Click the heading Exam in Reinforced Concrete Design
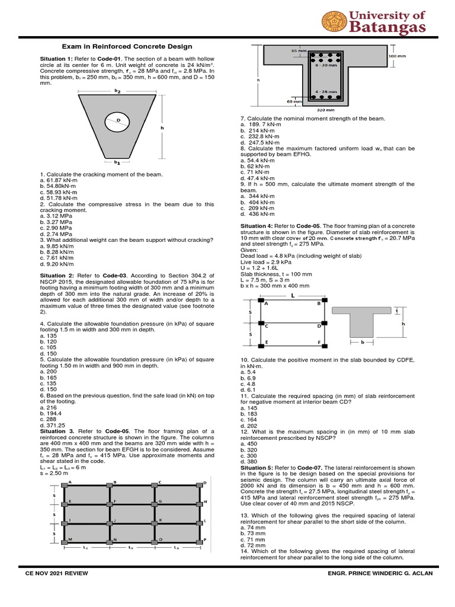click(x=127, y=46)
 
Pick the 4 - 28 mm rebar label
click(x=326, y=92)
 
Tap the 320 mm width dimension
click(x=326, y=110)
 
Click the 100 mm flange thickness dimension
click(x=396, y=56)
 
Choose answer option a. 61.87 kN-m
click(x=59, y=180)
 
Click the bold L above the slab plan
click(x=292, y=295)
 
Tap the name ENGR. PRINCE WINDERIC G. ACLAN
click(x=382, y=573)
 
